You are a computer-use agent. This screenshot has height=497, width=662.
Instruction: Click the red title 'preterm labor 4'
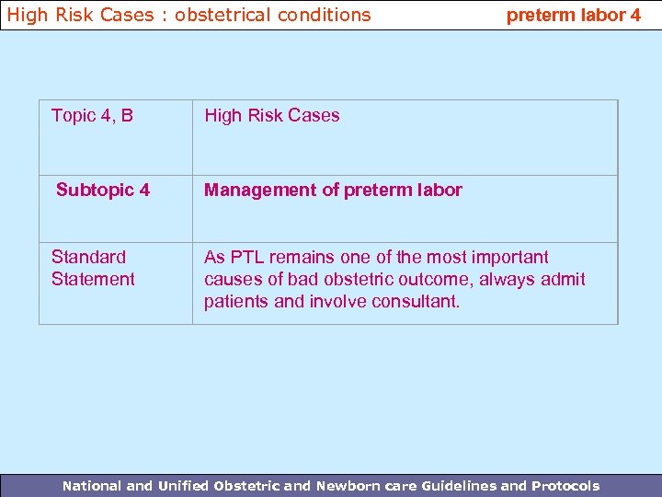click(574, 15)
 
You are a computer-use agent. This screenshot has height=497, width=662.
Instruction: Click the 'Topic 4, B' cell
click(92, 115)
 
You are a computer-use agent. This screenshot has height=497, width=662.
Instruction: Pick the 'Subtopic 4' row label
click(102, 190)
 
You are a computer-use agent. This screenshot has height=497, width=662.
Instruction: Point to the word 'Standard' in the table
click(88, 257)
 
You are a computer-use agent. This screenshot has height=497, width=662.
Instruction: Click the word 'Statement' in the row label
click(93, 279)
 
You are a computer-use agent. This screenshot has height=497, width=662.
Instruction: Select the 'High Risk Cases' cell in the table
click(271, 115)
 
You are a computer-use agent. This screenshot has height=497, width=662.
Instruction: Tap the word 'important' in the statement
click(509, 257)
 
